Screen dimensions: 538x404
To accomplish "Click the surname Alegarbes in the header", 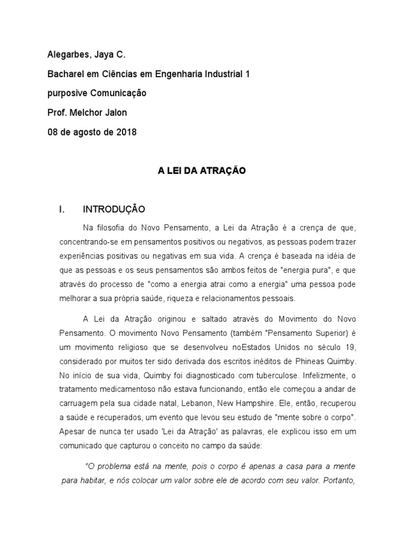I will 67,55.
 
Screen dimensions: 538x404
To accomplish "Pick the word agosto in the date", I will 90,132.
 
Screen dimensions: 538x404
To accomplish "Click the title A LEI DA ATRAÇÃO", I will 202,171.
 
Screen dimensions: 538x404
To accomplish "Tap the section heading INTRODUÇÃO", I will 114,210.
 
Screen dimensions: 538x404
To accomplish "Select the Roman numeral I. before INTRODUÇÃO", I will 62,210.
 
